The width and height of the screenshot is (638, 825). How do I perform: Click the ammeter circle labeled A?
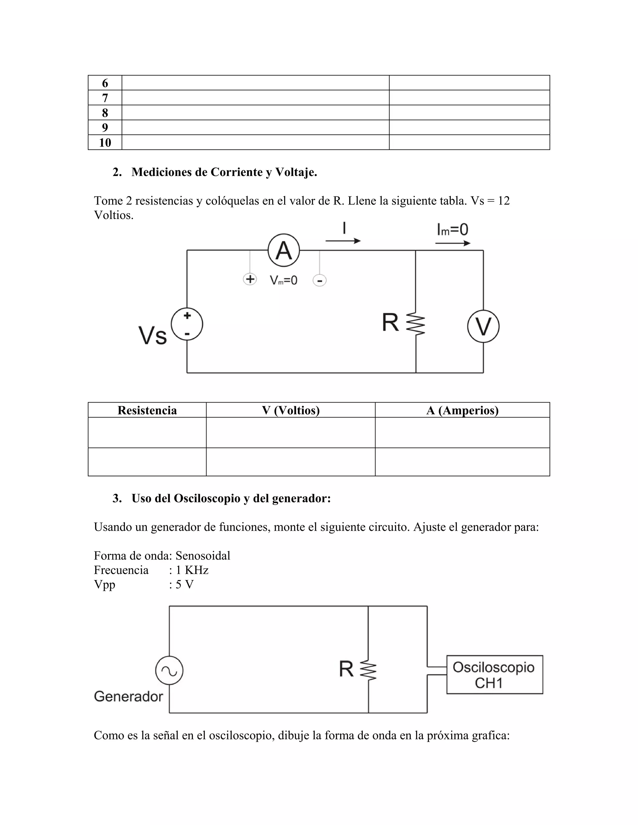(x=283, y=250)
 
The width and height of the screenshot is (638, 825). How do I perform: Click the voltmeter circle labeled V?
(x=483, y=326)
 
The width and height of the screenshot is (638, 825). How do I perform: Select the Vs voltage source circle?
(x=187, y=324)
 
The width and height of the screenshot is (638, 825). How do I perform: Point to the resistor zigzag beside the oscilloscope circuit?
(x=368, y=670)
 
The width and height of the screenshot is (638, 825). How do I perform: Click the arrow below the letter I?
(x=343, y=241)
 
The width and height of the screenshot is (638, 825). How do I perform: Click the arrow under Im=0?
(x=452, y=243)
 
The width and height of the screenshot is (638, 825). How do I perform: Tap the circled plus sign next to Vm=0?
(x=250, y=279)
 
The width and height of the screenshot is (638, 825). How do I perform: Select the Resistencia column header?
(x=147, y=410)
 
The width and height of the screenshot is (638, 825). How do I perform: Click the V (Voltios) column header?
(x=291, y=410)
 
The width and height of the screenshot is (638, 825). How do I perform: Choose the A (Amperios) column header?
(x=462, y=410)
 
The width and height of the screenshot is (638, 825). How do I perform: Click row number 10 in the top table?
(x=105, y=142)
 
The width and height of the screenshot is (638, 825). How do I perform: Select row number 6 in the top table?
(x=105, y=83)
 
